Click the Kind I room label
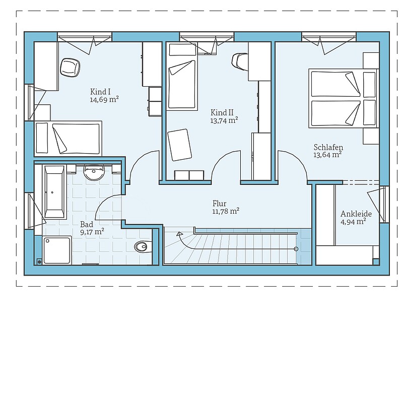100,92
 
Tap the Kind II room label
222,112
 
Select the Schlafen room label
328,147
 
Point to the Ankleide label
356,214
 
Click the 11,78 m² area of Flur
226,211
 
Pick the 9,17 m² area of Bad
92,232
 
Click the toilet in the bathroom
142,247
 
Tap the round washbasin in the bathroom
94,172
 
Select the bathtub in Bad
54,192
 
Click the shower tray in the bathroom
56,250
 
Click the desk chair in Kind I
70,68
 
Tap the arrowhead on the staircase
179,234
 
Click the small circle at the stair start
296,249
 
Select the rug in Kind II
180,145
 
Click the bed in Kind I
68,139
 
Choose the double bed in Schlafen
344,98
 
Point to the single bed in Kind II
182,77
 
